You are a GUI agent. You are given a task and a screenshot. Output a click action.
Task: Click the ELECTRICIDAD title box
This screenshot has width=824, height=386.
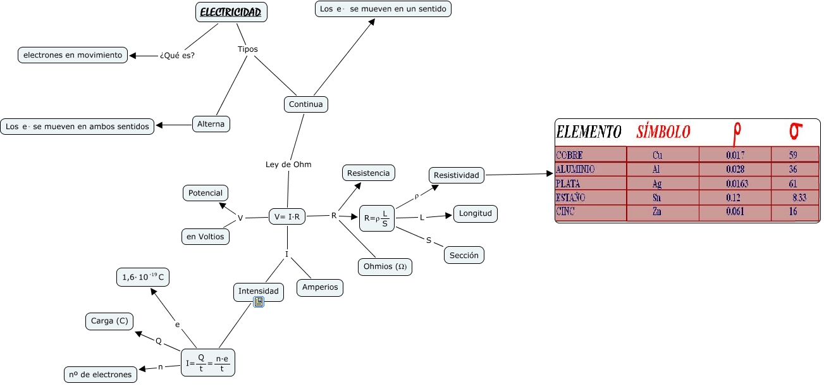pos(231,12)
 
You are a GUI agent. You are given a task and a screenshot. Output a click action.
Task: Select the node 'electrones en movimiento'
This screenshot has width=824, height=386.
pos(73,55)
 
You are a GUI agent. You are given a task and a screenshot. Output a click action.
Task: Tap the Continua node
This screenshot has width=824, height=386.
pos(305,104)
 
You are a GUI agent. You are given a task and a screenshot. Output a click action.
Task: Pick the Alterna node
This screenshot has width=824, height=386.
pos(211,124)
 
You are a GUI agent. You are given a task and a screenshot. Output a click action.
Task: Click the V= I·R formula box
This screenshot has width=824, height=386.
pos(287,217)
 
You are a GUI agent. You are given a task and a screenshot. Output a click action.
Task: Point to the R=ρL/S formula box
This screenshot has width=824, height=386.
pos(377,218)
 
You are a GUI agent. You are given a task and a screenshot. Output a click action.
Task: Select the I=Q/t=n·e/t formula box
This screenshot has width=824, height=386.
pos(208,363)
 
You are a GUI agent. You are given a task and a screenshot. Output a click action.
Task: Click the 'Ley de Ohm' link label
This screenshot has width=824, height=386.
pos(288,165)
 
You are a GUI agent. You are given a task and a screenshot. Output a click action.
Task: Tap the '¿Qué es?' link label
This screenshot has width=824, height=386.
pos(177,56)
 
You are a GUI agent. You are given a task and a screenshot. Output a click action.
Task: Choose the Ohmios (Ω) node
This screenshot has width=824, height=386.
pos(384,267)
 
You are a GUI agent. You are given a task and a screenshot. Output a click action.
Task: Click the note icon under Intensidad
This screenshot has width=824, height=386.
pos(259,302)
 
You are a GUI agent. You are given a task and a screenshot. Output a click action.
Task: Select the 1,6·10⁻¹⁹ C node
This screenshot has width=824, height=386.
pos(143,277)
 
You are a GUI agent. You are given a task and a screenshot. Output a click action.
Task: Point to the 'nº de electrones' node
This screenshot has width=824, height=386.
pos(100,375)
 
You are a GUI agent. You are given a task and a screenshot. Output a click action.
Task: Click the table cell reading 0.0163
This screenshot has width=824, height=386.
pos(737,184)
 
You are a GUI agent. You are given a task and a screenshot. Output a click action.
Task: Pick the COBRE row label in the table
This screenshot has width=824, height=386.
pos(569,155)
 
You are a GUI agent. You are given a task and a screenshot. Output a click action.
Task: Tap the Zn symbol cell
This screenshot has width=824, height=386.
pos(656,211)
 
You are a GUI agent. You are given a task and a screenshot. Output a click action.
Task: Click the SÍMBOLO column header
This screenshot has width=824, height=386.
pos(663,132)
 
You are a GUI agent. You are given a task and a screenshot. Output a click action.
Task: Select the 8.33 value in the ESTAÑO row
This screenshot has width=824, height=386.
pos(799,197)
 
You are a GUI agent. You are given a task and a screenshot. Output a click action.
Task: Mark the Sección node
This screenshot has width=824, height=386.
pos(464,256)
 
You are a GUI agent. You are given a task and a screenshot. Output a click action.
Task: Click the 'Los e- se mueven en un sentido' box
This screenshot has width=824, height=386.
pos(383,9)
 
